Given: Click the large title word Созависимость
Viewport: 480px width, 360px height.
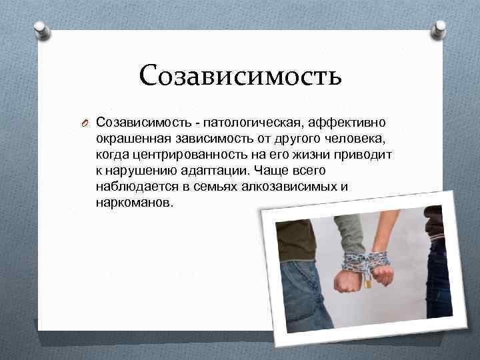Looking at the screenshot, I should tap(241, 75).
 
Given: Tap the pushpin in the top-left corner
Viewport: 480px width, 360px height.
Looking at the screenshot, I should tap(40, 29).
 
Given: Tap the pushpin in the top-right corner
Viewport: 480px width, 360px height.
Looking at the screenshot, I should tap(439, 29).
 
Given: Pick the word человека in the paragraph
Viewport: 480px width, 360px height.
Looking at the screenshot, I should tap(357, 139).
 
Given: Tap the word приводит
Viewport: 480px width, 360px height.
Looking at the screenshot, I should tap(359, 155).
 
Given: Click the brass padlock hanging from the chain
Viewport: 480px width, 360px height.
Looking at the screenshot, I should tap(367, 282).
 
